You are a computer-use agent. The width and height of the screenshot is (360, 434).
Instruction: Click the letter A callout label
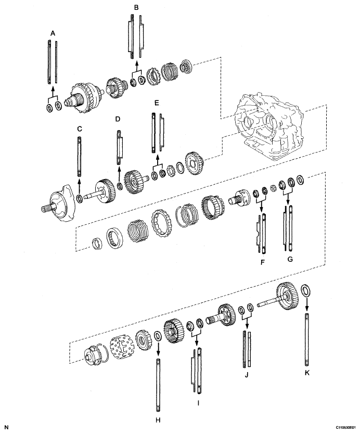53,33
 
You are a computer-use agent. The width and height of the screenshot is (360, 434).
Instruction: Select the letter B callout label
136,7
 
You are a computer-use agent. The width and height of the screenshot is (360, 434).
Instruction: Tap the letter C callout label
80,129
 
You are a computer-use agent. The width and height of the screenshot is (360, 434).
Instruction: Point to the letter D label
118,119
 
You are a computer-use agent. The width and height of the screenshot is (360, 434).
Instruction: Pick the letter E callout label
157,103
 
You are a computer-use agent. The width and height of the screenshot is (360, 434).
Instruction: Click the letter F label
263,262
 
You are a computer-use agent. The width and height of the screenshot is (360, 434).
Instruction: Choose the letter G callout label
290,259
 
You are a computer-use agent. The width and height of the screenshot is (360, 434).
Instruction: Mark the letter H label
158,420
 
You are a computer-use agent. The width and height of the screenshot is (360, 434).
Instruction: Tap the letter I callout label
198,403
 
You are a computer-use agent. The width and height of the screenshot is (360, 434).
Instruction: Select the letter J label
247,375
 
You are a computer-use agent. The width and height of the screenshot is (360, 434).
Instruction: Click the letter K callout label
307,373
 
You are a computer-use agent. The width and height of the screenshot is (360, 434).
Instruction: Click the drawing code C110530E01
346,428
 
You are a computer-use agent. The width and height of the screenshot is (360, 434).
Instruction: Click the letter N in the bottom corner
6,427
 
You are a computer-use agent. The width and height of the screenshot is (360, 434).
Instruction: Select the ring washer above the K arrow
305,290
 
